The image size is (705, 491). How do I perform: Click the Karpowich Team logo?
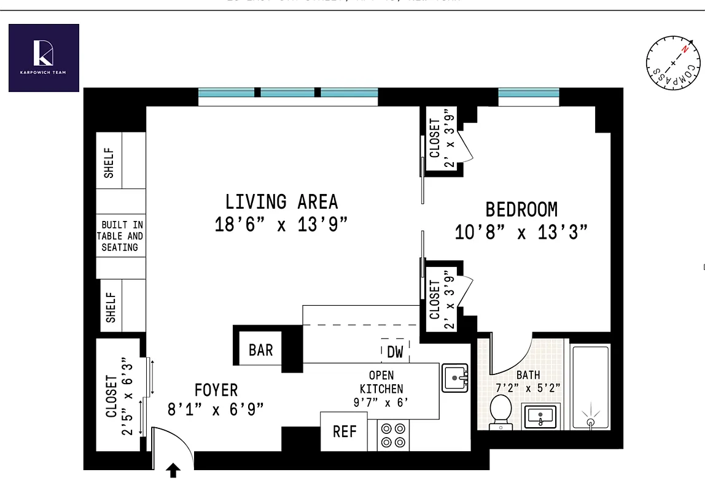[x=44, y=58]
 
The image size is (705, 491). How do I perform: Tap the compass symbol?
[x=672, y=63]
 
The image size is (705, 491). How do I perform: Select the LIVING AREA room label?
[x=281, y=202]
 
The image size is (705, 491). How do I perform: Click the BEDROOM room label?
[x=521, y=210]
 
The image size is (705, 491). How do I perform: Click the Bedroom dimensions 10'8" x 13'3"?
[x=521, y=233]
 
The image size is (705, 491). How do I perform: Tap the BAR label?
[x=261, y=350]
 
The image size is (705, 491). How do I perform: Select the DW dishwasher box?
[x=395, y=352]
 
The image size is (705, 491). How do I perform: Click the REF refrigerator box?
[x=345, y=431]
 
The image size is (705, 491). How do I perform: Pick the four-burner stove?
[x=393, y=435]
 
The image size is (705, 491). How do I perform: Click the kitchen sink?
[x=455, y=377]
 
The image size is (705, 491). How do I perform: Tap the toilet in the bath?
[x=502, y=409]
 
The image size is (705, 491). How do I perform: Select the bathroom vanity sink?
[x=540, y=417]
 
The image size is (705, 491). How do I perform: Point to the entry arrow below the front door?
[x=174, y=471]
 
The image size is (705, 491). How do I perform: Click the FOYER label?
[x=216, y=390]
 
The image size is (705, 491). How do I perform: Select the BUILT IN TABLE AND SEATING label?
[x=121, y=236]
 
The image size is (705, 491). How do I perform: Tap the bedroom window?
[x=529, y=93]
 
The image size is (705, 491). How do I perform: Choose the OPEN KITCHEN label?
[x=381, y=382]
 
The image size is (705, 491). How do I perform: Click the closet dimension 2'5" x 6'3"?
[x=127, y=396]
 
